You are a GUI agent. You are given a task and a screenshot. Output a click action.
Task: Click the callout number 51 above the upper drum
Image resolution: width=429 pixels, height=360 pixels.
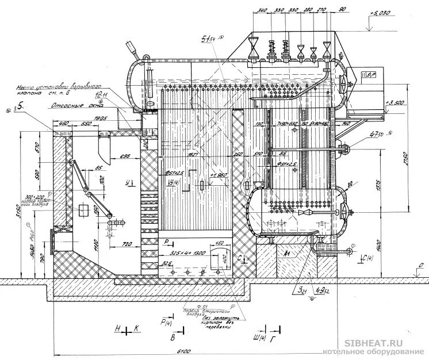206,39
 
